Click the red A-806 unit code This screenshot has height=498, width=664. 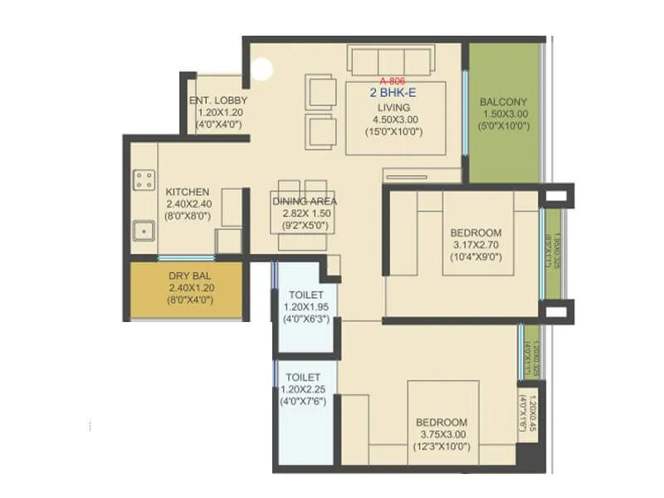(x=393, y=81)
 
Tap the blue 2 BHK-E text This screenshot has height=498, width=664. (x=393, y=94)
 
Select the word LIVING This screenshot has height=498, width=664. (x=394, y=107)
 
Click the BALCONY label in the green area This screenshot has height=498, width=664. (x=503, y=103)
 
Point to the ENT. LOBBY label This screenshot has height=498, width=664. (x=218, y=101)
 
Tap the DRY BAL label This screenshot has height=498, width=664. (x=190, y=276)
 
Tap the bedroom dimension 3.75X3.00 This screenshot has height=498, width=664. (x=442, y=434)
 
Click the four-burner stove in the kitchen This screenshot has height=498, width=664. (x=144, y=179)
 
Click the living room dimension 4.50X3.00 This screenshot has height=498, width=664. (x=394, y=120)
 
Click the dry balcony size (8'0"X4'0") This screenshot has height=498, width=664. (x=190, y=300)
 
